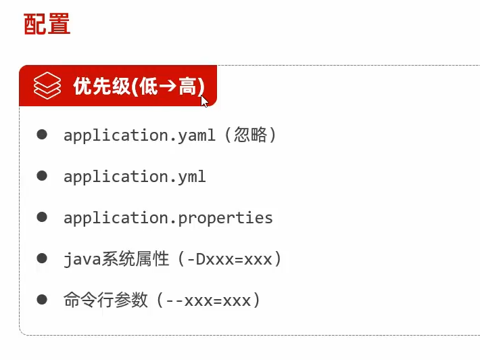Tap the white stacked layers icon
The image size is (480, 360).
pos(47,87)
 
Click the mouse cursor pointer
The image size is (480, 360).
pos(203,101)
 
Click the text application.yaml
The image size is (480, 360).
pos(139,135)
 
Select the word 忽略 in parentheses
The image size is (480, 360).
pos(247,135)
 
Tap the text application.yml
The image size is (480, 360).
pos(135,177)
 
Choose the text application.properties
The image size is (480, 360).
pos(168,218)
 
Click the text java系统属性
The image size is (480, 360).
pos(116,259)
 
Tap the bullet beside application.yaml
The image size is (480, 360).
pos(42,135)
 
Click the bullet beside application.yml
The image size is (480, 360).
pos(42,176)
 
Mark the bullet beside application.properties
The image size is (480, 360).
pos(42,217)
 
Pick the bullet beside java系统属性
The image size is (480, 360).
pos(42,258)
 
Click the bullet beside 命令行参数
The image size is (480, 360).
pos(42,299)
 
